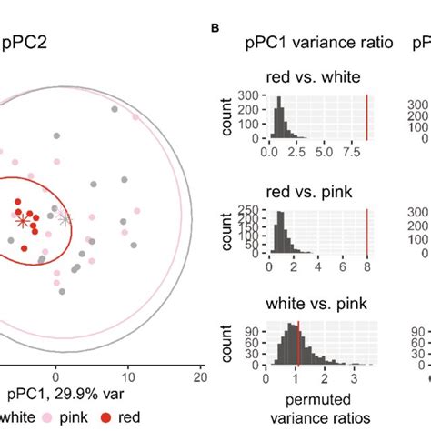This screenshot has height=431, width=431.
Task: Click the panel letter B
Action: (x=216, y=28)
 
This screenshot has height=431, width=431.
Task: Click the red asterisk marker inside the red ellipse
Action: (x=23, y=220)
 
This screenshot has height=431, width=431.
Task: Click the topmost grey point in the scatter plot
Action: (x=115, y=109)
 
